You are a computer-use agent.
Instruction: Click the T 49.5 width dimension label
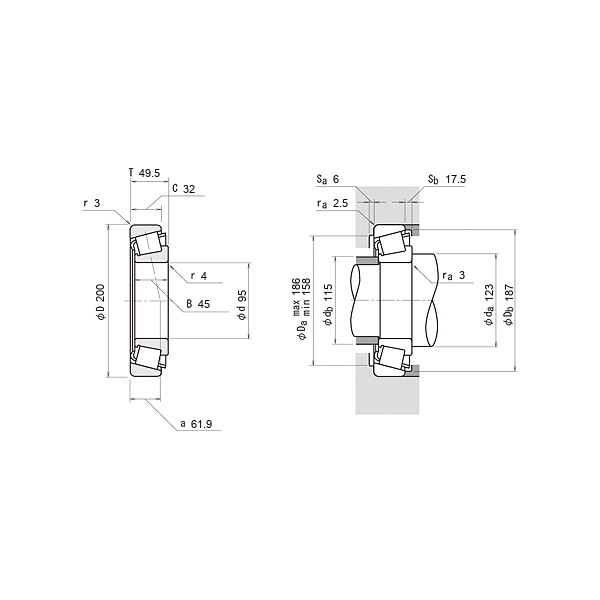(x=144, y=173)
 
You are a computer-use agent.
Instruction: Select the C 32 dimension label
(x=184, y=189)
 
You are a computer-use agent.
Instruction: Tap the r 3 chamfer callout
(x=92, y=203)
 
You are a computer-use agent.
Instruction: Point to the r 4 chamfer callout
(x=199, y=276)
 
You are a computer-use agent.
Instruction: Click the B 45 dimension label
(x=198, y=304)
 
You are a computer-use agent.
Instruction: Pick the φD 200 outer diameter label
(x=101, y=302)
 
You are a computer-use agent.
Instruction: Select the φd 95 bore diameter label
(x=242, y=305)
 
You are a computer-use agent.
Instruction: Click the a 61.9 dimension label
(x=196, y=424)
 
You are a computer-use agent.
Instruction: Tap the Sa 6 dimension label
(x=328, y=179)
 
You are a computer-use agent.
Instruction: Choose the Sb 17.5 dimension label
(x=447, y=179)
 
